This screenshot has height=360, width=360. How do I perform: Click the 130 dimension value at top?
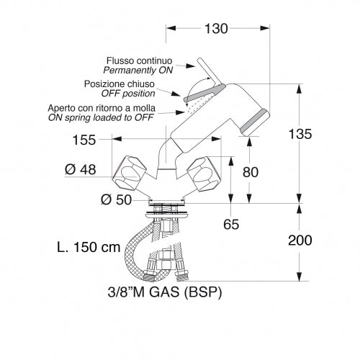coord(215,29)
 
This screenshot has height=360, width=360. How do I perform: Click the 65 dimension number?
coord(230,224)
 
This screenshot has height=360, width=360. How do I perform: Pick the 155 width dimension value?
coord(84,141)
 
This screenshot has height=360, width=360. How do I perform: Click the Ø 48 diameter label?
coord(80,169)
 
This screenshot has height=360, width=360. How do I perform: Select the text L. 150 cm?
coord(89,247)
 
